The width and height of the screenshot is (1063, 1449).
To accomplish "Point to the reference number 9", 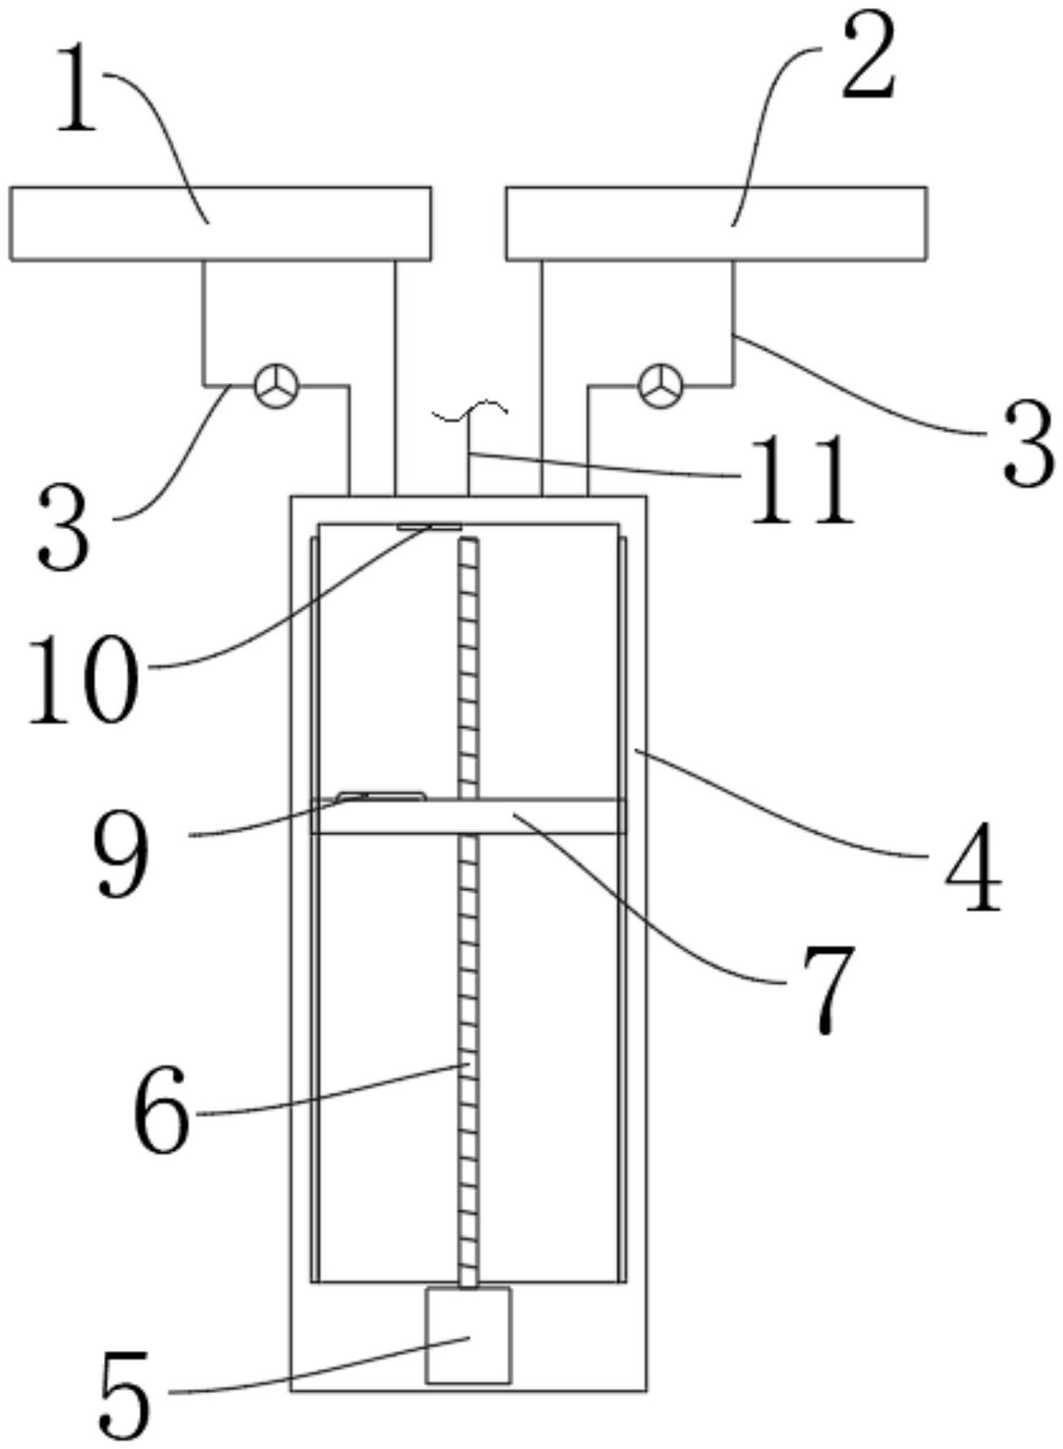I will click(x=122, y=853).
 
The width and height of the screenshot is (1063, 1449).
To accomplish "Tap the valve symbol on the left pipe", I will click(x=276, y=386).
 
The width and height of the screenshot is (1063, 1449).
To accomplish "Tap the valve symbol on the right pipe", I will click(x=662, y=386).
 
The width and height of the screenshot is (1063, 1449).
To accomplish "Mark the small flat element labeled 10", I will click(x=429, y=527).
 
